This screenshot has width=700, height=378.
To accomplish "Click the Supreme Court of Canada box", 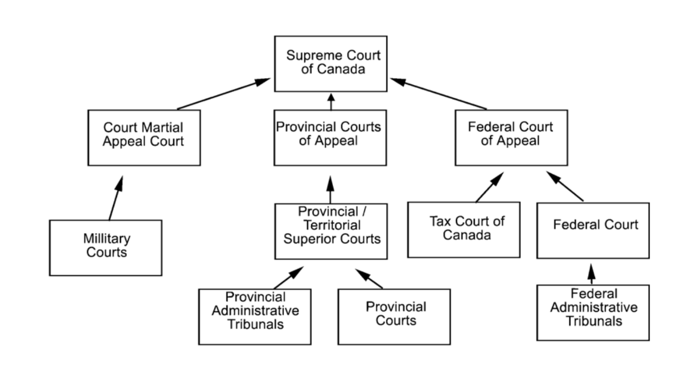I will pos(330,64).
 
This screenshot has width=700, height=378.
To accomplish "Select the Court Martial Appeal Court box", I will pos(144,137).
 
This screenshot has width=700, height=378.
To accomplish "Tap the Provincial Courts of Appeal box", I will pos(330,137).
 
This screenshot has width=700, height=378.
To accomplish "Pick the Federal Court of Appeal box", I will pos(511,137).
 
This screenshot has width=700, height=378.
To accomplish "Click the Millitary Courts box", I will pos(106,247).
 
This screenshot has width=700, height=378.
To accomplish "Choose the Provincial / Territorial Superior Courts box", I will pos(331,231).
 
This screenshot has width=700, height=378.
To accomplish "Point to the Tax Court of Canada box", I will pos(463,229).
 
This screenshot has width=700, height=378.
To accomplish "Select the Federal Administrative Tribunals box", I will pos(592,312).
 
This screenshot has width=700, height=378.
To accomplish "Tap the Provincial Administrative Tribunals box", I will pos(255,316).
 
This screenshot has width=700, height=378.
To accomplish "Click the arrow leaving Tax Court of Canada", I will pos(489,188).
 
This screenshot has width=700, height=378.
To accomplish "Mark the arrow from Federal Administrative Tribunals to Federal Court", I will pos(591,274).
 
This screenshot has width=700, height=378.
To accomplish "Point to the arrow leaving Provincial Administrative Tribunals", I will pos(288,278).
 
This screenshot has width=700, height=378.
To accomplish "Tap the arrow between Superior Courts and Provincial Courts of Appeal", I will pos(330,190).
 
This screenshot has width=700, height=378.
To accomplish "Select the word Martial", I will pos(161,127).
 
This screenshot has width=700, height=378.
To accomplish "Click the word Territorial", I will pos(332,225).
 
